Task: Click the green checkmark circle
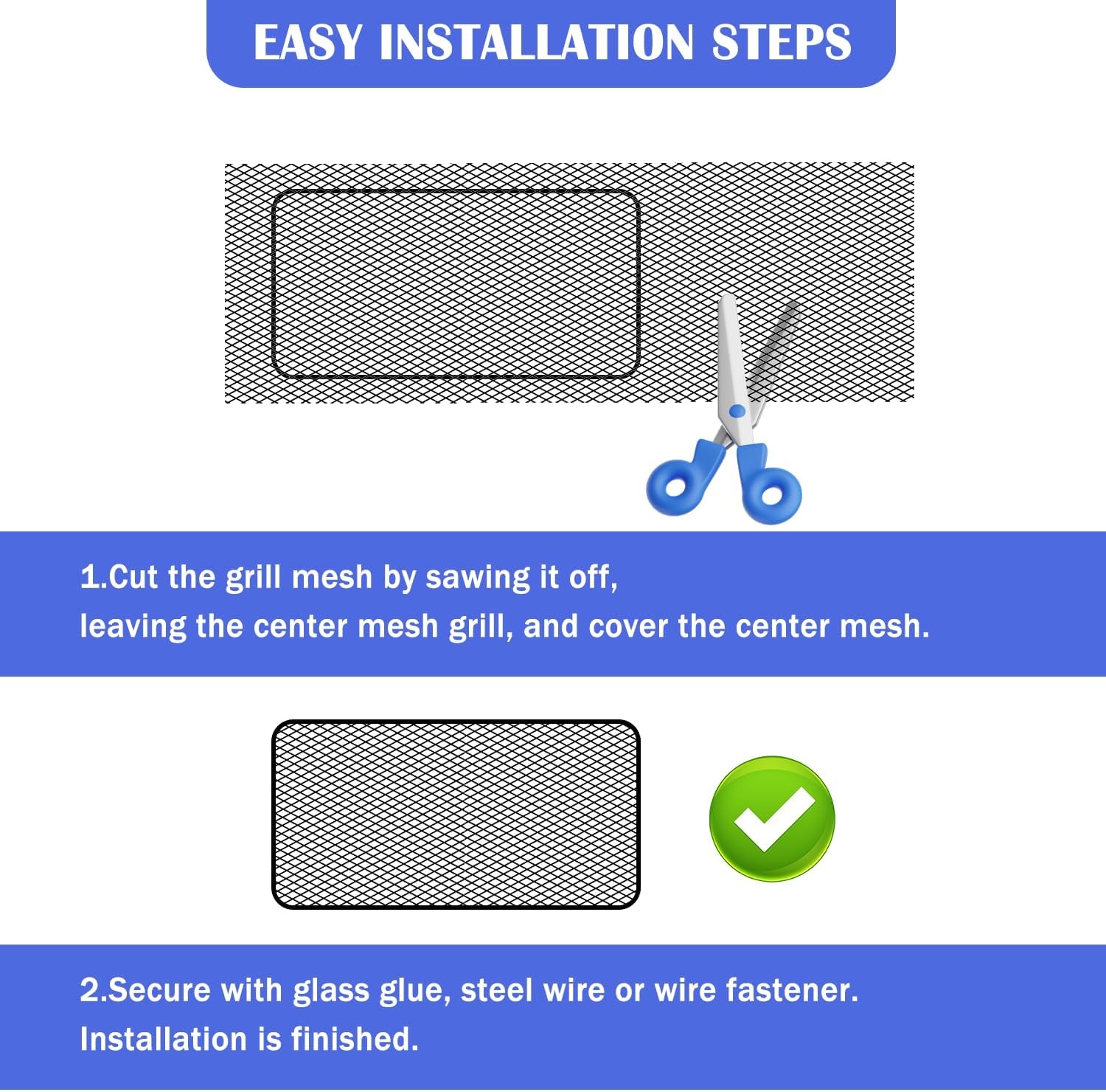point(771,818)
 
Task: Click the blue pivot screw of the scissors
point(737,411)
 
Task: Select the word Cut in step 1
point(133,577)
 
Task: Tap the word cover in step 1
point(628,626)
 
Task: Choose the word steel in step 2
point(496,990)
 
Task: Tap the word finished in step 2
point(355,1039)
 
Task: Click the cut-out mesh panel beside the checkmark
point(456,815)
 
